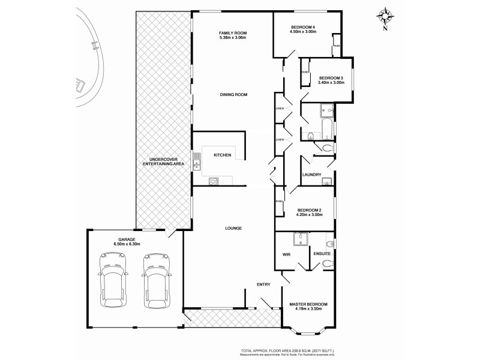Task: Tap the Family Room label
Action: pyautogui.click(x=233, y=32)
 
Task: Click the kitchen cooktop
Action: pyautogui.click(x=213, y=180)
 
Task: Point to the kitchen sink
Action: pyautogui.click(x=196, y=160)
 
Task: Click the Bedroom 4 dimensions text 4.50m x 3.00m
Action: pyautogui.click(x=303, y=32)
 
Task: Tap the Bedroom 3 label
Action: pyautogui.click(x=331, y=78)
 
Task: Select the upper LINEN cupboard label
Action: pyautogui.click(x=279, y=109)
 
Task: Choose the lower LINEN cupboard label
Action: pyautogui.click(x=279, y=139)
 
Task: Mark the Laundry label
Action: pyautogui.click(x=312, y=175)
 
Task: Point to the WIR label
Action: pyautogui.click(x=287, y=254)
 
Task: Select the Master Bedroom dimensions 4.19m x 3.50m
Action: pyautogui.click(x=308, y=310)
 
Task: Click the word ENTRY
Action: pyautogui.click(x=263, y=284)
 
